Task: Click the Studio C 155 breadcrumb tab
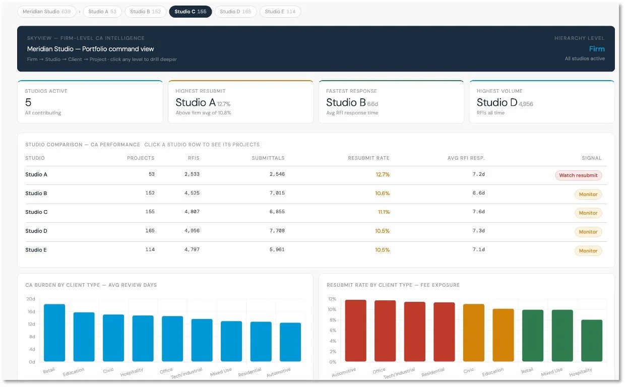pos(191,12)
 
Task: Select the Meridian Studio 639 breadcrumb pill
pos(47,12)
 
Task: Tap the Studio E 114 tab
pos(280,12)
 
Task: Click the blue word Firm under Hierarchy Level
pos(597,49)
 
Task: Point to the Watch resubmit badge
pos(578,175)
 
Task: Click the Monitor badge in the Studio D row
pos(588,232)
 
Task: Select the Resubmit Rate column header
pos(368,158)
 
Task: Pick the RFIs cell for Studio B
pos(192,193)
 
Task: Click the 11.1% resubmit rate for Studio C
pos(384,212)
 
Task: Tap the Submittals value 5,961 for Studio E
pos(277,249)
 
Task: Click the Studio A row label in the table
pos(36,174)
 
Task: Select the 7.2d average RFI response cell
pos(478,174)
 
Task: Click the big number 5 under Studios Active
pos(28,102)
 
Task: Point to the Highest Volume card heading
pos(499,91)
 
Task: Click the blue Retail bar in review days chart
pos(54,333)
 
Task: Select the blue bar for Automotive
pos(290,342)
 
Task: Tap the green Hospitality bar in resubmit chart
pos(592,340)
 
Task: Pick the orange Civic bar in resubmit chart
pos(474,333)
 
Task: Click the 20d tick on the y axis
pos(31,299)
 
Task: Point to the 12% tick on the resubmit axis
pos(332,299)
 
